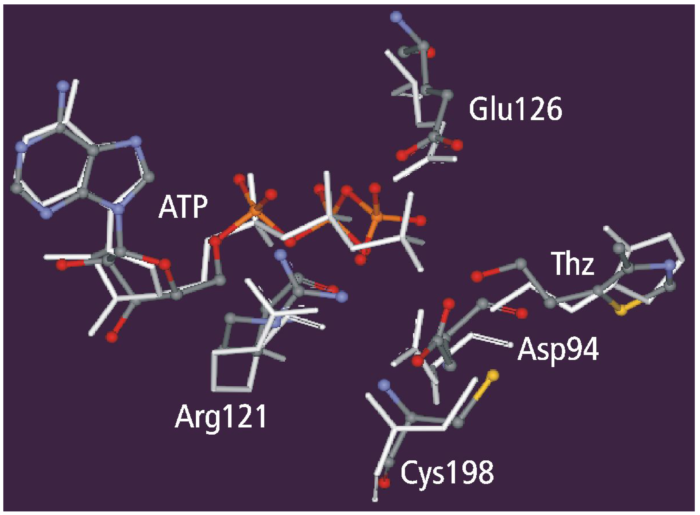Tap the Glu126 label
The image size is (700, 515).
point(515,109)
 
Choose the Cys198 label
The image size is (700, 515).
point(447,472)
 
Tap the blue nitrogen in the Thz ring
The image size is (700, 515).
point(668,265)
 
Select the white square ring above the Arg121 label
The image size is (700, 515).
point(232,371)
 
